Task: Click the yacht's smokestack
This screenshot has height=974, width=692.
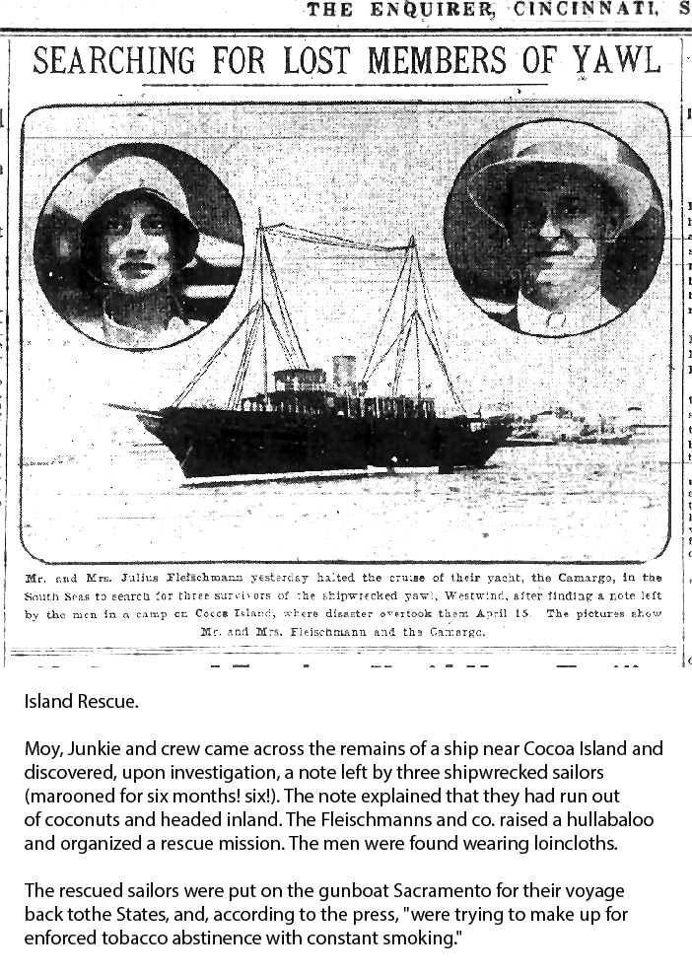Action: click(343, 372)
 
